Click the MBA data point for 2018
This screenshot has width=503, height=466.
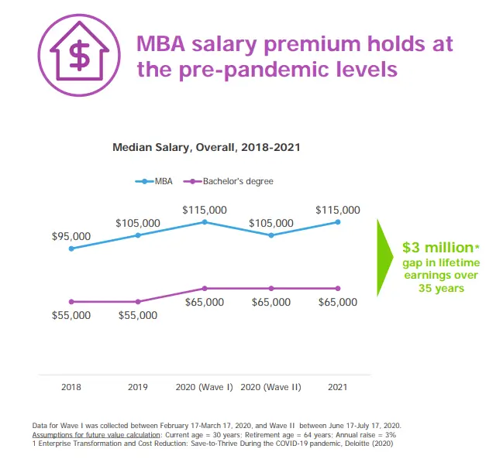(x=71, y=248)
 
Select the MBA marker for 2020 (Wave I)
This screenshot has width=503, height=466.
(x=205, y=222)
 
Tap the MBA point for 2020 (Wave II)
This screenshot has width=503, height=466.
(x=271, y=235)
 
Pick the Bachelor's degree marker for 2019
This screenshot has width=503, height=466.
(x=138, y=301)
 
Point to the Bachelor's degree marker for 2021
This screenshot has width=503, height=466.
(x=338, y=288)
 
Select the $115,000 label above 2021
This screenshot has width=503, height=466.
(x=338, y=210)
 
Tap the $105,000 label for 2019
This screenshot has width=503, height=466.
(x=138, y=223)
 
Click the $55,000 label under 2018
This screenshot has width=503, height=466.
(x=71, y=315)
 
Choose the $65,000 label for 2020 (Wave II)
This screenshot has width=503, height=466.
(x=271, y=302)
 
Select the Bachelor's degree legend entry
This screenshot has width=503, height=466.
(x=229, y=182)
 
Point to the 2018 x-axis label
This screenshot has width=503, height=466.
(x=71, y=387)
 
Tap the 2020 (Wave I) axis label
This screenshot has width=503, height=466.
(x=205, y=387)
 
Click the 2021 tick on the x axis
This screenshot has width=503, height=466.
(x=338, y=387)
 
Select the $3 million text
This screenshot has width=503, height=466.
(x=436, y=248)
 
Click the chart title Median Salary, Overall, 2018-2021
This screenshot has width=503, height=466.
(x=206, y=146)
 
